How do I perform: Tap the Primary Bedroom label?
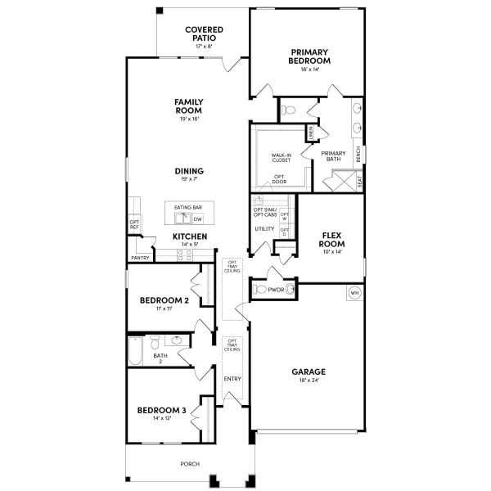click(x=309, y=56)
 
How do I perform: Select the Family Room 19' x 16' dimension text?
click(x=188, y=119)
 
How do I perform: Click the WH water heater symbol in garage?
click(x=354, y=293)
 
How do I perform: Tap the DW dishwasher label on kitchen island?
click(x=197, y=219)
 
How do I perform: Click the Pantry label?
click(x=140, y=258)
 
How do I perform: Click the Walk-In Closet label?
click(x=281, y=157)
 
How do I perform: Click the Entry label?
click(x=233, y=378)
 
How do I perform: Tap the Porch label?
click(x=190, y=463)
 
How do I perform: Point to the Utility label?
click(x=264, y=228)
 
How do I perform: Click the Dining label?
click(x=188, y=171)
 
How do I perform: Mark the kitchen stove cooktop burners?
click(x=186, y=254)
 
